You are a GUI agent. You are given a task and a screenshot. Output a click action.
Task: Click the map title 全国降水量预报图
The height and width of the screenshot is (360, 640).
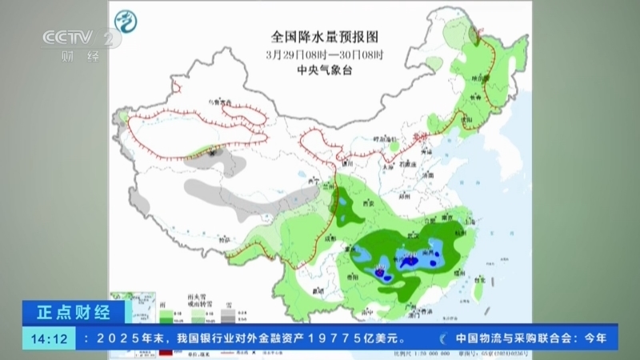pos(324,36)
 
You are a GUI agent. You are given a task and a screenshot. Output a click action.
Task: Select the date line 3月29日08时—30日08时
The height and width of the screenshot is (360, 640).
pos(325,54)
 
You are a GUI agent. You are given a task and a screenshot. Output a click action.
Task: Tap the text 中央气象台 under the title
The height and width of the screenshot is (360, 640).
pos(324,70)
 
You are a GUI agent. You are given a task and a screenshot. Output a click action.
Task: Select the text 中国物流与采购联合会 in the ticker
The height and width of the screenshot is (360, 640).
pos(511,338)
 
